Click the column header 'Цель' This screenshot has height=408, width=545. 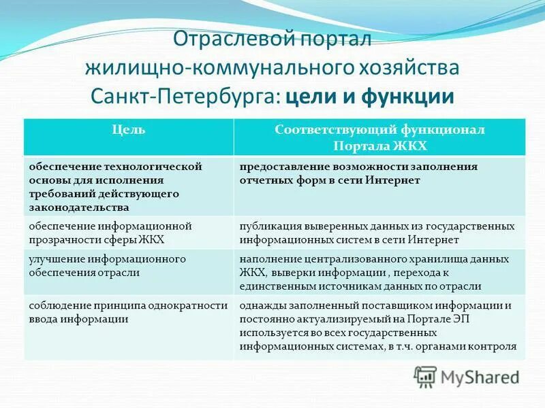point(128,129)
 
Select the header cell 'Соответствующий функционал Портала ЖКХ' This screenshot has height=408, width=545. point(379,136)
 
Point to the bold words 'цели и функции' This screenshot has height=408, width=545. point(370,95)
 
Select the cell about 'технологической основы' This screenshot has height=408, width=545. point(128,186)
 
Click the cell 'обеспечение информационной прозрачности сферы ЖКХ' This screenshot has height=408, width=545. point(128,233)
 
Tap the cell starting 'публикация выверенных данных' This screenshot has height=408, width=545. point(379,233)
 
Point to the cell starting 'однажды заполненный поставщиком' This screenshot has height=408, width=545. point(379,326)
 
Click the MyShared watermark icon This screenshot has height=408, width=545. point(426,376)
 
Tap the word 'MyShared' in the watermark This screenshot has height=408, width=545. point(480,377)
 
